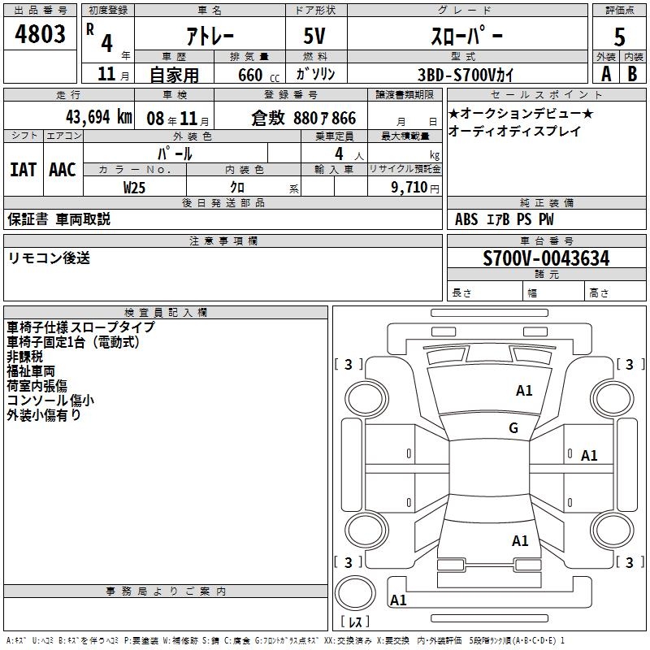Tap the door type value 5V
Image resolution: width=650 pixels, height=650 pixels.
pos(317,36)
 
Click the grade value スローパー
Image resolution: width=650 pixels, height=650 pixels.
pos(466,36)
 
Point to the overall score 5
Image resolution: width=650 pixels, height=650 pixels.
pos(620,37)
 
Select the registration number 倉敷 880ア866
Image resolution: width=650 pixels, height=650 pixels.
pos(304,118)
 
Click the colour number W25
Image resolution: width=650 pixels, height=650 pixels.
pos(134,187)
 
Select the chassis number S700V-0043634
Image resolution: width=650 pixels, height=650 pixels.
pos(546,258)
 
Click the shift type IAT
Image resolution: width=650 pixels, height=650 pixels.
pos(23,170)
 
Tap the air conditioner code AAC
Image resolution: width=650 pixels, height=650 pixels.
pos(62,170)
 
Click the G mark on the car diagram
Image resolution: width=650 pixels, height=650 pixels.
pos(513,428)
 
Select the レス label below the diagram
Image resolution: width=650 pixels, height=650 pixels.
pos(354,622)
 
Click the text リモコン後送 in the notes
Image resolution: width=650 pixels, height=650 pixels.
pos(49,258)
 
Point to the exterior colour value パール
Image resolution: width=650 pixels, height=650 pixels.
pos(175,153)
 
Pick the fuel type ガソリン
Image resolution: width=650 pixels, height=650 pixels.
pos(315,74)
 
